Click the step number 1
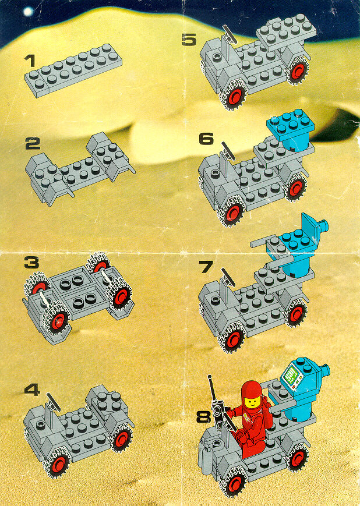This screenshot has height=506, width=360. pos(29,61)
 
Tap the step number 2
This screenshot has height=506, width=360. pos(33,143)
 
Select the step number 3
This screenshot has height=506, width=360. pos(31,263)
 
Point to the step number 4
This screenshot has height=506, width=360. pos(32,390)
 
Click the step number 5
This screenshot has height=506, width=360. pos(189,40)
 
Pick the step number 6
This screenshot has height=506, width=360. pos(206,139)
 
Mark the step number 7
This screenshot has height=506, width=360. pos(206,267)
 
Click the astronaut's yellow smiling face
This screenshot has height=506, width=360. pos(252,402)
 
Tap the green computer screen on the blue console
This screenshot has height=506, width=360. pos(291,374)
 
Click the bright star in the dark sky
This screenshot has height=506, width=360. pos(28,12)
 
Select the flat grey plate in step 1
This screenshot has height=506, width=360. pos(73,70)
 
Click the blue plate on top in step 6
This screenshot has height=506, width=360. pos(291,122)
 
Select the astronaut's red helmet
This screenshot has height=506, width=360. pos(252,394)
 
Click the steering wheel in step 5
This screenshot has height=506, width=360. pos(230,34)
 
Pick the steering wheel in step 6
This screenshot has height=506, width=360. pos(228,151)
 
